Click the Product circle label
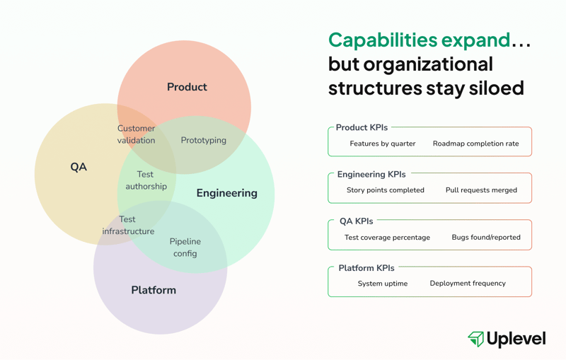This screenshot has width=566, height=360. (187, 87)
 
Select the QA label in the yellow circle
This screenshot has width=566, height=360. (79, 167)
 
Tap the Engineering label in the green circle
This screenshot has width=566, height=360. (226, 193)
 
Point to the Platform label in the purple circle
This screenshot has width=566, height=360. (154, 290)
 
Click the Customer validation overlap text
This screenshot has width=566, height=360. (136, 134)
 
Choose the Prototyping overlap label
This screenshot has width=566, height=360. (204, 140)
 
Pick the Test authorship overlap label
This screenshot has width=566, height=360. (146, 180)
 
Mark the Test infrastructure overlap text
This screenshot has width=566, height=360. (128, 225)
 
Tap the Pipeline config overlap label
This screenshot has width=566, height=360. (185, 247)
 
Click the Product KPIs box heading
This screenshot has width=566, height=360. (362, 127)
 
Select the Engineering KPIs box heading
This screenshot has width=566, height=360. (371, 174)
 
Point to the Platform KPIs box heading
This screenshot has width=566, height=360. (366, 268)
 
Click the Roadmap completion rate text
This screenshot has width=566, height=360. (475, 144)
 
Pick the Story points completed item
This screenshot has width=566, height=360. (386, 190)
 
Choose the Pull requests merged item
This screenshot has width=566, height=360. (481, 190)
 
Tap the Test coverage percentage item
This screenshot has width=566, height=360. (387, 238)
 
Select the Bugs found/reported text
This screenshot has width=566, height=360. (486, 238)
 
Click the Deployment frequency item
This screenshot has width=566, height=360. (468, 284)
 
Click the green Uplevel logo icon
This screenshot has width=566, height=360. (475, 339)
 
